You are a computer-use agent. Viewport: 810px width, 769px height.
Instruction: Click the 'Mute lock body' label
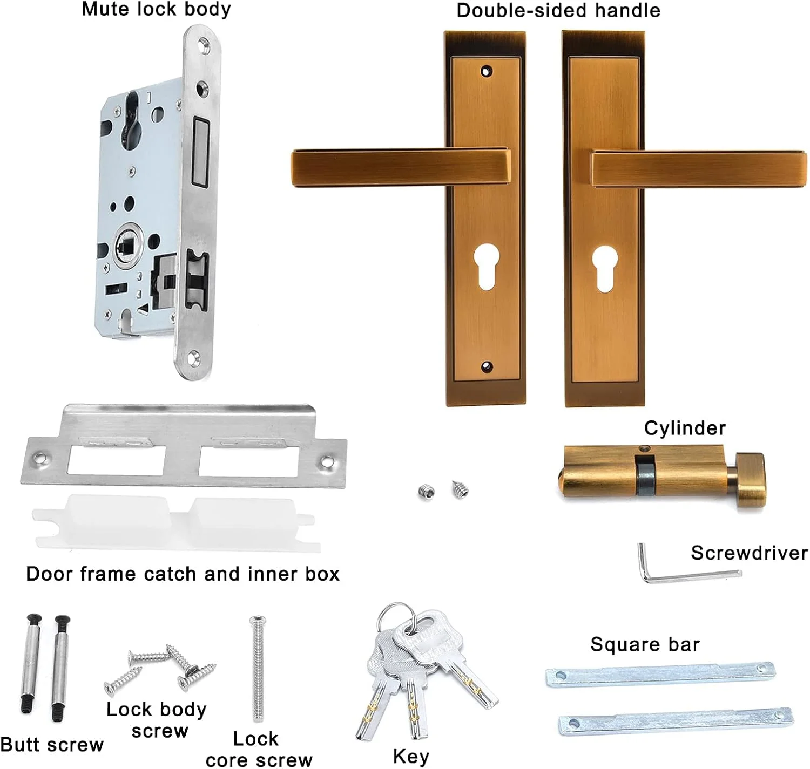(x=156, y=10)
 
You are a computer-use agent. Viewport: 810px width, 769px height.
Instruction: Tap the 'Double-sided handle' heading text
(x=558, y=11)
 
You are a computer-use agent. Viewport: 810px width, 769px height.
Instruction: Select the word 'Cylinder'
(x=685, y=428)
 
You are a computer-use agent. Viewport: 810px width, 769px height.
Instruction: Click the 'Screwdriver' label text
(x=749, y=553)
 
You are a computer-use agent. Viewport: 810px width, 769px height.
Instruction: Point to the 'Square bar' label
(x=645, y=644)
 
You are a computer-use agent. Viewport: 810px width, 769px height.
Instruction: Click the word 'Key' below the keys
(x=411, y=757)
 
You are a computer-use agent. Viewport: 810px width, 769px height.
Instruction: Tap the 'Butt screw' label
(x=52, y=745)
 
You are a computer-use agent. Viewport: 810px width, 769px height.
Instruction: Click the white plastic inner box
(x=177, y=523)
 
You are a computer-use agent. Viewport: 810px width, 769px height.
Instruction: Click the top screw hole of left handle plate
(x=487, y=71)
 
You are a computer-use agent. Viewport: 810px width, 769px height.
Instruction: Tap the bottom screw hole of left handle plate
(x=487, y=366)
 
